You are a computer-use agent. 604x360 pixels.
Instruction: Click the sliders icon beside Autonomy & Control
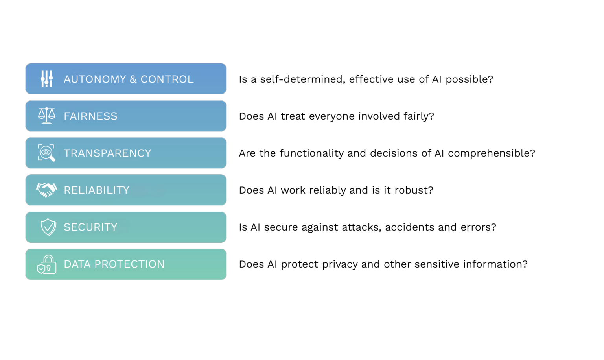pos(46,79)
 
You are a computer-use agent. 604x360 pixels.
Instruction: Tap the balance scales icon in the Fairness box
pos(46,116)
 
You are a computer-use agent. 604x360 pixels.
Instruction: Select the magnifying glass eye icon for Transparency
pos(46,153)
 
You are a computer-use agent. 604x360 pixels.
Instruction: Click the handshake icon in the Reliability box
pos(46,190)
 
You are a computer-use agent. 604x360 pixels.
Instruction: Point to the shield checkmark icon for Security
pos(48,227)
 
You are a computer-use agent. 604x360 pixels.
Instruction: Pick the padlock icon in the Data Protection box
pos(47,264)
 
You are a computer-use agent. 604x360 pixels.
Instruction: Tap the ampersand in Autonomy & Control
pos(133,79)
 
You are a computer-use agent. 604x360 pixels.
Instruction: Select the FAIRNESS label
pos(90,116)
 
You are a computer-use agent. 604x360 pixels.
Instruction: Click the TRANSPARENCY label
pos(107,153)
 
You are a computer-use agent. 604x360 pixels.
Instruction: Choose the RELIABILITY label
pos(96,190)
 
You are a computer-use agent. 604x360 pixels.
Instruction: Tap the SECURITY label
pos(90,227)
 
